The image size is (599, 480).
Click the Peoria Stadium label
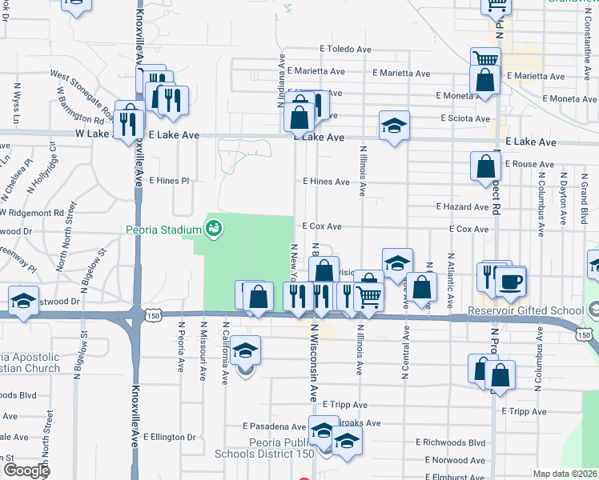[x=162, y=230]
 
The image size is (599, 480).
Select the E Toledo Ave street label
[x=345, y=49]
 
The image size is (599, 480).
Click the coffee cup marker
[x=510, y=281]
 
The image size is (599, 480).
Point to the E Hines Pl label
[x=168, y=181]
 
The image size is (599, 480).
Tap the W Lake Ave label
[x=97, y=135]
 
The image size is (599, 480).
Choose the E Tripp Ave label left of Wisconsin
[x=340, y=405]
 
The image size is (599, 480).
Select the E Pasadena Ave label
[x=275, y=426]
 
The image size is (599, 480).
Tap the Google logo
[x=26, y=470]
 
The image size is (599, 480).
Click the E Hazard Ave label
[x=462, y=206]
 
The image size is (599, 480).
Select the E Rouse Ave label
[x=531, y=164]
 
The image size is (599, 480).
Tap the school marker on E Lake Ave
[x=394, y=126]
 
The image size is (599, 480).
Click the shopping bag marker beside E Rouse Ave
[x=486, y=167]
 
